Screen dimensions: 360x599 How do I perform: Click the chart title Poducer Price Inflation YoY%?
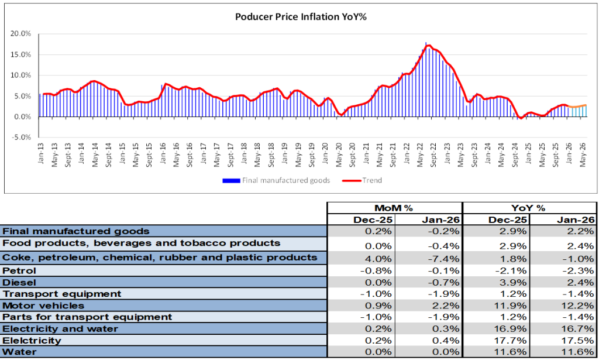click(x=300, y=17)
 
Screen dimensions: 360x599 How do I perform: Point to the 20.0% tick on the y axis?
click(x=22, y=34)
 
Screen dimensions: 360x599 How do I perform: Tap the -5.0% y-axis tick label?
click(x=22, y=138)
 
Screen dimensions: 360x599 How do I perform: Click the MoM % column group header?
click(x=394, y=208)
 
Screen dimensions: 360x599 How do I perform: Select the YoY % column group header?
click(x=529, y=208)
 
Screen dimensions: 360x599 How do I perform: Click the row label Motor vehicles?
click(x=43, y=306)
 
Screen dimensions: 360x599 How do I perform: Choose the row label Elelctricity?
click(x=32, y=341)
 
